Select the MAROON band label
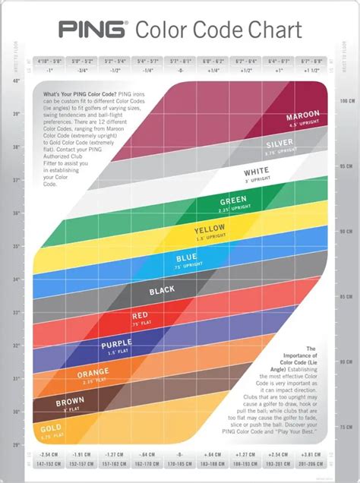tap(303, 117)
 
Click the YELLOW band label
tap(210, 230)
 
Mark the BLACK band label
tap(163, 289)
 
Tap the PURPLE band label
tap(117, 346)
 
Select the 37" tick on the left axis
tap(17, 180)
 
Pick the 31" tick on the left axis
tap(17, 377)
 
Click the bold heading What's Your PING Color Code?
tap(72, 92)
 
